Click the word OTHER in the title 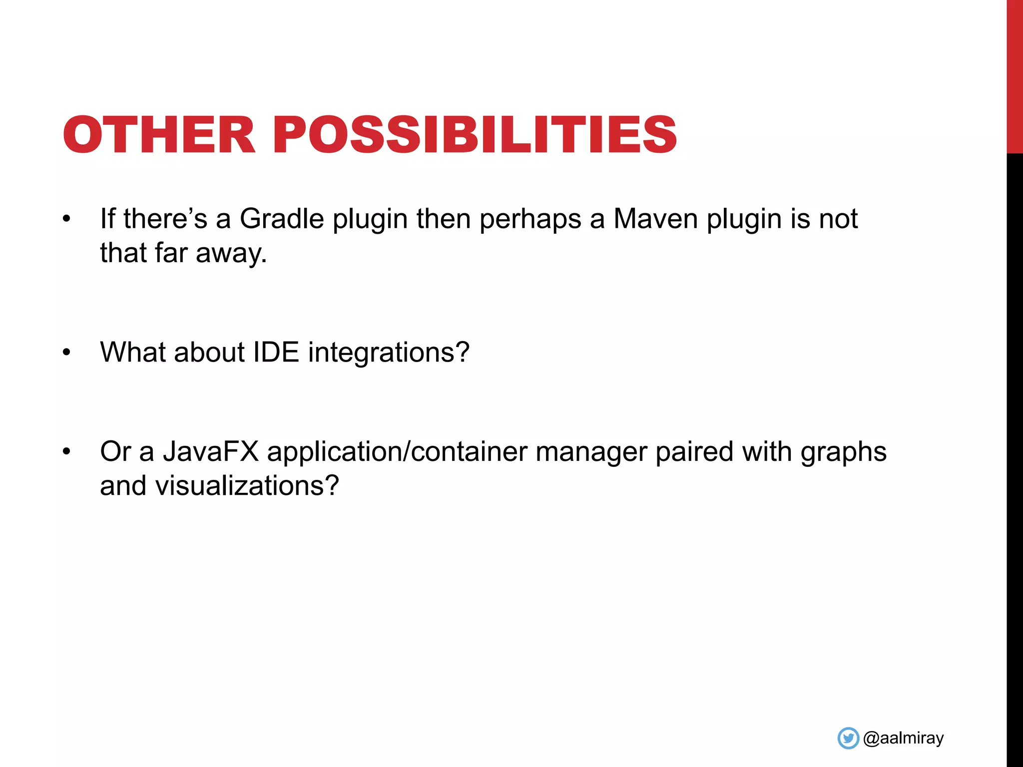pyautogui.click(x=159, y=135)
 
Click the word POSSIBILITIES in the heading pyautogui.click(x=475, y=135)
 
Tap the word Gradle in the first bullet pyautogui.click(x=282, y=219)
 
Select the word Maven pyautogui.click(x=655, y=219)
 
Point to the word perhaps pyautogui.click(x=530, y=220)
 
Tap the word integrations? pyautogui.click(x=389, y=353)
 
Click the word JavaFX pyautogui.click(x=211, y=451)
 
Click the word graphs pyautogui.click(x=843, y=452)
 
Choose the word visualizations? pyautogui.click(x=247, y=485)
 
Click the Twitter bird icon pyautogui.click(x=848, y=738)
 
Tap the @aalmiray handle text pyautogui.click(x=903, y=738)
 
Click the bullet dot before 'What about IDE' pyautogui.click(x=67, y=353)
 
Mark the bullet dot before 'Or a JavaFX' pyautogui.click(x=67, y=451)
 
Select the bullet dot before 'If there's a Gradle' pyautogui.click(x=67, y=219)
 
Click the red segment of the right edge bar pyautogui.click(x=1015, y=75)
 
